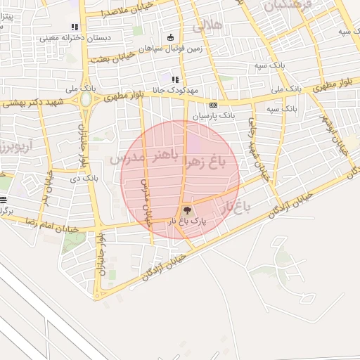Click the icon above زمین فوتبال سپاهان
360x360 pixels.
tap(170, 38)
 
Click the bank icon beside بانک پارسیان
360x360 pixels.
tap(212, 104)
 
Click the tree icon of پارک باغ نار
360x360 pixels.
tap(186, 209)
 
